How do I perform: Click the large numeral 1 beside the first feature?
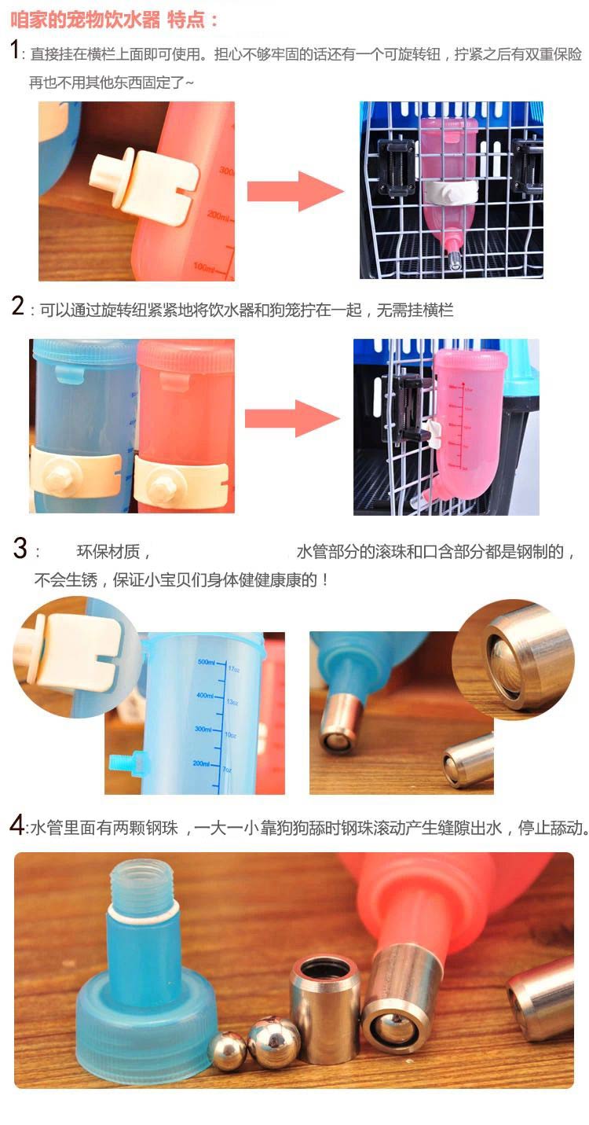click(15, 50)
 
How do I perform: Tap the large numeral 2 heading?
click(18, 306)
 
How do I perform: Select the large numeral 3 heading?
click(20, 548)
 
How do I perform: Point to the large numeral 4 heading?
click(17, 825)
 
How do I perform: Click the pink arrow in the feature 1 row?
click(295, 191)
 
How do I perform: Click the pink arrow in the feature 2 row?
click(292, 418)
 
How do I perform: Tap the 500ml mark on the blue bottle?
click(207, 663)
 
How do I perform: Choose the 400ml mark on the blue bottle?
click(205, 696)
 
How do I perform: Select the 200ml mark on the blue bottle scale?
click(202, 763)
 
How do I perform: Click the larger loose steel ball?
click(274, 1041)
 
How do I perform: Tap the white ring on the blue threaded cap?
click(143, 910)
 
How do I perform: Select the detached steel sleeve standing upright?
click(325, 1010)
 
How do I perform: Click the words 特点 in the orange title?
click(186, 20)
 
